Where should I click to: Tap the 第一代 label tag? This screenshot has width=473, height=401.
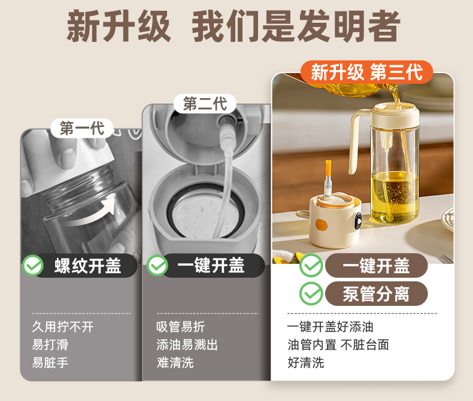82,128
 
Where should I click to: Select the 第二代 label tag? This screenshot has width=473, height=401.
205,104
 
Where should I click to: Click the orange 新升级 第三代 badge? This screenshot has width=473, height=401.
366,73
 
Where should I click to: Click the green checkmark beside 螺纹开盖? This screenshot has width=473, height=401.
32,266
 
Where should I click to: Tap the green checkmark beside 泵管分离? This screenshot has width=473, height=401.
311,294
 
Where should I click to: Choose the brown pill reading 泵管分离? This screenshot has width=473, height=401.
376,294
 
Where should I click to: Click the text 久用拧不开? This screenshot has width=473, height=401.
63,327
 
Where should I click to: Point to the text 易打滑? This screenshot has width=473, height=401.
50,345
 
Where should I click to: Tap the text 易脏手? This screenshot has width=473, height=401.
50,363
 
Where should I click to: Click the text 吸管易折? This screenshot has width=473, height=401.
181,327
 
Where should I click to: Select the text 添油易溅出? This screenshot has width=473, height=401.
187,345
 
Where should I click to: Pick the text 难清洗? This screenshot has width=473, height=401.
175,363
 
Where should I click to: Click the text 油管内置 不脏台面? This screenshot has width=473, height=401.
338,345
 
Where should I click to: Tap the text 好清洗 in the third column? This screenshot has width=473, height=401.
305,363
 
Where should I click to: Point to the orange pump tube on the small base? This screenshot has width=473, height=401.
328,177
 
